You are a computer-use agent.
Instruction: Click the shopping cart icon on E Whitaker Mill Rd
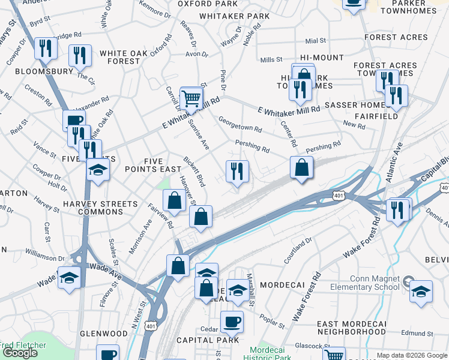coord(191,97)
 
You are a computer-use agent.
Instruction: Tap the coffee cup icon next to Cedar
coord(232,322)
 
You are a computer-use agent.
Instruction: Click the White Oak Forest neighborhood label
coord(124,57)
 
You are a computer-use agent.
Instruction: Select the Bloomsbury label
coord(35,70)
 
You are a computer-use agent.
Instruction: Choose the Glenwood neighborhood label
coord(103,334)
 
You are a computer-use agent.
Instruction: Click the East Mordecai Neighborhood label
coord(351,328)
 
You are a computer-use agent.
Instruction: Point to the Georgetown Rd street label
coord(240,124)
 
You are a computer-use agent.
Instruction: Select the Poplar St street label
coord(273,323)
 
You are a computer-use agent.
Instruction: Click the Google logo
coord(20,353)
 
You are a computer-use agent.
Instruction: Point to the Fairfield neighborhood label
coord(376,116)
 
